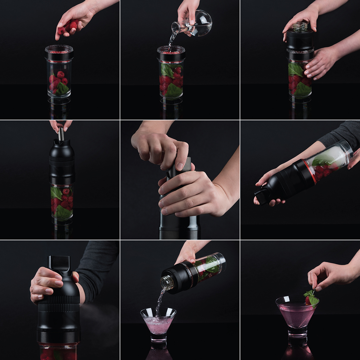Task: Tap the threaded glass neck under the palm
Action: click(300, 27)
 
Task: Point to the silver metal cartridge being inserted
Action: click(61, 134)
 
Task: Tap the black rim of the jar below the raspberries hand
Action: click(59, 55)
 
